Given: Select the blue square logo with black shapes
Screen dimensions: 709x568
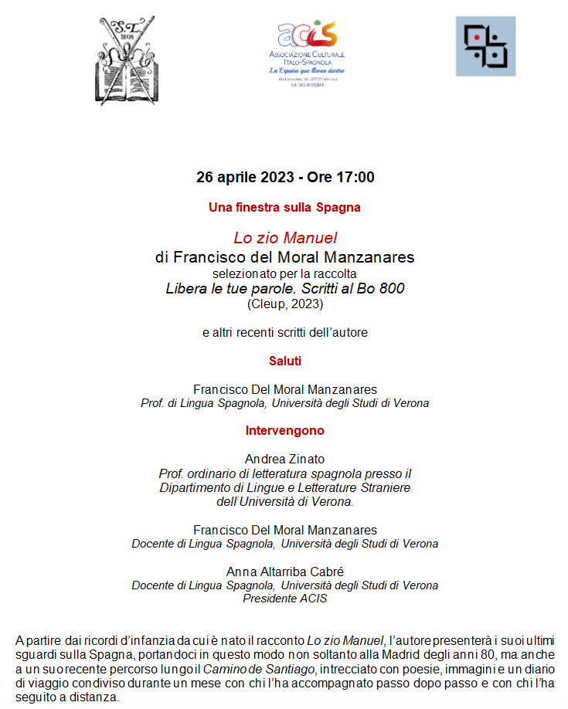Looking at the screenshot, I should [485, 46].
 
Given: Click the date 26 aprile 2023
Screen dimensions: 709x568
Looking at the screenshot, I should [245, 177].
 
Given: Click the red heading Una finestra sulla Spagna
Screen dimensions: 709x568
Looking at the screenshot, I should [284, 207].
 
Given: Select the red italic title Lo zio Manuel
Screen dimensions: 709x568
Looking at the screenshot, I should [285, 239].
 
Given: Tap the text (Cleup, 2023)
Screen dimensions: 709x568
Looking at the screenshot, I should [285, 304].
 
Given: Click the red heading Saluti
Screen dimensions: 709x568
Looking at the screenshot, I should [284, 361].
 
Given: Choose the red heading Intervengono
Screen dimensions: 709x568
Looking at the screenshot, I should [284, 430].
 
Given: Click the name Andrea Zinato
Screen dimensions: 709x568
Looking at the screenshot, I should [284, 460].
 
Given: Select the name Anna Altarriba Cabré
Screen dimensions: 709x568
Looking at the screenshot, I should [284, 572].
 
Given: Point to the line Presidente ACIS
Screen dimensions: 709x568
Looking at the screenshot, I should [284, 599].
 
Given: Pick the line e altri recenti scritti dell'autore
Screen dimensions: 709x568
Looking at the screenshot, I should [284, 333].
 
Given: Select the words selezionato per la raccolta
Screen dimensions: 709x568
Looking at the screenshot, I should [284, 273].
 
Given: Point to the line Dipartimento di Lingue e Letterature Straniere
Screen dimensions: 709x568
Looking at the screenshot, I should [284, 487].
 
